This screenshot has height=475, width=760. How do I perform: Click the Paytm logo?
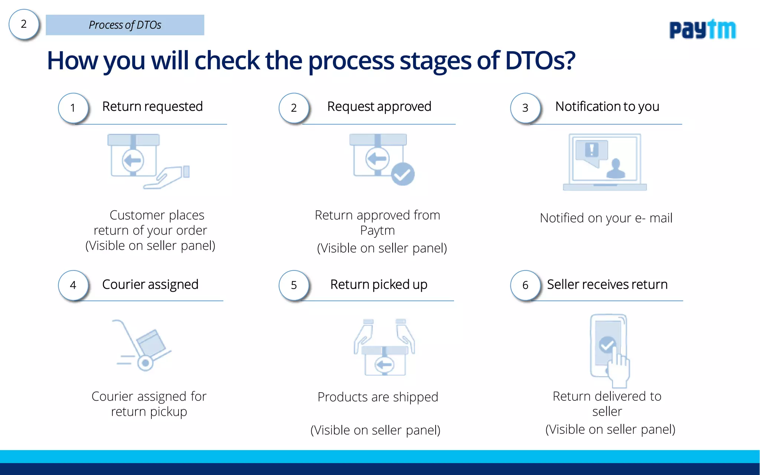tap(702, 30)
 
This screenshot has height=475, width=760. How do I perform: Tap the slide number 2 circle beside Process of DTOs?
tap(24, 24)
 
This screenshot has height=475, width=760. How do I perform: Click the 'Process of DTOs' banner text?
tap(125, 25)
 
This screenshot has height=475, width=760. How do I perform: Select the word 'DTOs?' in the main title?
tap(540, 60)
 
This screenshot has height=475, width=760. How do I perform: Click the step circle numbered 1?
tap(73, 108)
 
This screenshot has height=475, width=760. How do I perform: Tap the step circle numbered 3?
tap(525, 108)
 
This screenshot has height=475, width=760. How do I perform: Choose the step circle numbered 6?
tap(525, 285)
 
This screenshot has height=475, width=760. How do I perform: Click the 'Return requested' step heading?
tap(153, 107)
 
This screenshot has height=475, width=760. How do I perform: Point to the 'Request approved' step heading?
tap(379, 107)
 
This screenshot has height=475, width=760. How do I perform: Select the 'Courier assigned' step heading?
tap(150, 284)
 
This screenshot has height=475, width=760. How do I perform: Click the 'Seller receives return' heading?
tap(607, 284)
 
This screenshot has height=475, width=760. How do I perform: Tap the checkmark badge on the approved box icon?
tap(403, 174)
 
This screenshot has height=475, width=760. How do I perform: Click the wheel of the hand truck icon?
tap(145, 363)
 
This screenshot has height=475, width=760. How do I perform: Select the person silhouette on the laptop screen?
tap(616, 169)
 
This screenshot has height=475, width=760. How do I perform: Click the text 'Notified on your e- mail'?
tap(606, 218)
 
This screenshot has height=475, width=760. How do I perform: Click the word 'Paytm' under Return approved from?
tap(377, 230)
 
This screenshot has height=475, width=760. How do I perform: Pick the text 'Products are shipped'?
tap(378, 397)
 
